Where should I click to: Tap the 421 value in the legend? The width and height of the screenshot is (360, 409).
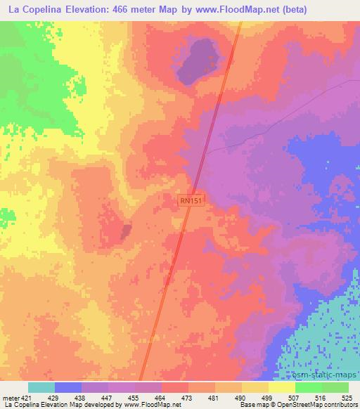click(25, 397)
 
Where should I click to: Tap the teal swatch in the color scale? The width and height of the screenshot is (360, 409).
click(41, 387)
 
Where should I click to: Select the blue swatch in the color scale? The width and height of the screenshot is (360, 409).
click(67, 387)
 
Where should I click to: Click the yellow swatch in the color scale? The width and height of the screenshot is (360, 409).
click(282, 387)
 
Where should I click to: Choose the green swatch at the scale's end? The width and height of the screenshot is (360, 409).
click(335, 387)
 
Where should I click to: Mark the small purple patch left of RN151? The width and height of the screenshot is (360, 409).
click(125, 231)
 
